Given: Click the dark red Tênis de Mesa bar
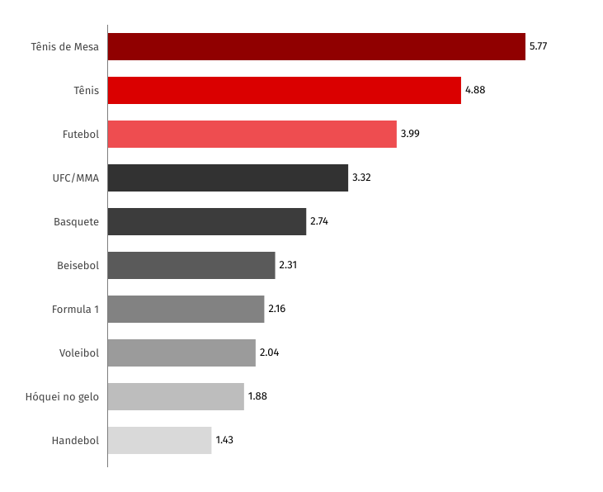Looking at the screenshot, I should [x=316, y=47].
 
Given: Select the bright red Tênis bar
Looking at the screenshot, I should [x=284, y=91].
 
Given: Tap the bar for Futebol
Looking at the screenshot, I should [x=252, y=135].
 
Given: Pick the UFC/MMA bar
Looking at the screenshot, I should [x=228, y=178].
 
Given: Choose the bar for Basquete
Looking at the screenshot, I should [x=207, y=222].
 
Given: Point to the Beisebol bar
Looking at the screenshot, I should [x=191, y=266].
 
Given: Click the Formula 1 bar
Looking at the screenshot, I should [x=186, y=310].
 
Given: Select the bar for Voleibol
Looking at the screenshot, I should [x=181, y=353].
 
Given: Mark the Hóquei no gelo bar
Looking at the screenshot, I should [x=176, y=397].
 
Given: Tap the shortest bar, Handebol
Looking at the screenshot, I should [x=159, y=441].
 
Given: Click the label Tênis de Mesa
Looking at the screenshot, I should [x=64, y=47].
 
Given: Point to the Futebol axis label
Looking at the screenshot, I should [x=81, y=135].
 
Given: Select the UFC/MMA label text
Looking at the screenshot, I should [x=75, y=178].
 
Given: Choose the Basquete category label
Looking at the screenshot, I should [x=76, y=222].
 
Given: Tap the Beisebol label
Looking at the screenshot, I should [x=78, y=266].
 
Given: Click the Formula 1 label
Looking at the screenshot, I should [x=75, y=310].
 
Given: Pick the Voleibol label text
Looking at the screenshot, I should [x=78, y=353].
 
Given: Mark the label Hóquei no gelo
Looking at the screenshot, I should [x=62, y=397].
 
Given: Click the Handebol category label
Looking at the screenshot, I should [x=75, y=441].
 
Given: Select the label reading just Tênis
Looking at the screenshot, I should [x=86, y=91].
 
